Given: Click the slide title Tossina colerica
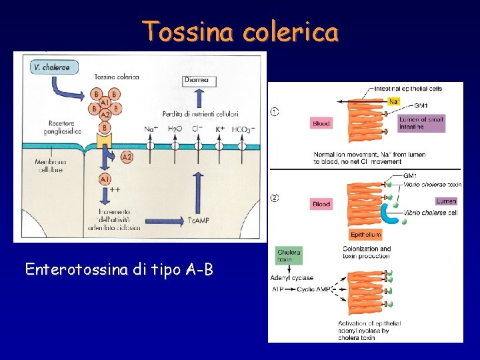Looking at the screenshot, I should (x=240, y=31).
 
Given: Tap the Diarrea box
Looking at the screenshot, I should (x=196, y=81).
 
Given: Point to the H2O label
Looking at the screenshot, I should (x=175, y=129).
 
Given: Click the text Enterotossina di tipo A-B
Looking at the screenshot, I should (x=119, y=269).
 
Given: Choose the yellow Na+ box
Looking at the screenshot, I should (x=395, y=101).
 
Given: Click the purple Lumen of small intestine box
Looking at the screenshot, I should (x=421, y=123).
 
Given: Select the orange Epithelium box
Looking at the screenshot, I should (x=366, y=235).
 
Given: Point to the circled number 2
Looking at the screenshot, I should (x=274, y=197).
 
